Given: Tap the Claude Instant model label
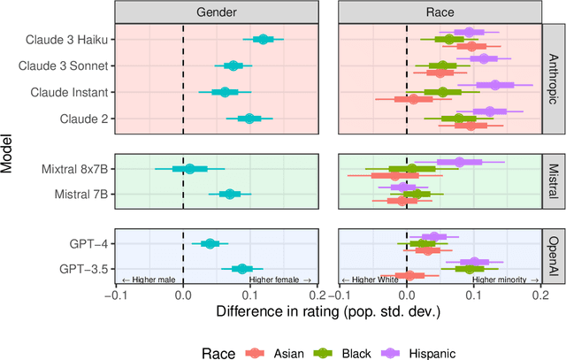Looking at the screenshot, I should tap(70, 92).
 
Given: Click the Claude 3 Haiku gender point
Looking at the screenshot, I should tap(262, 39).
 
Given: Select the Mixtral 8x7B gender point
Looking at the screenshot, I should tap(189, 168).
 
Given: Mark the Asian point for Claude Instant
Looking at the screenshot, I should tap(413, 99).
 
